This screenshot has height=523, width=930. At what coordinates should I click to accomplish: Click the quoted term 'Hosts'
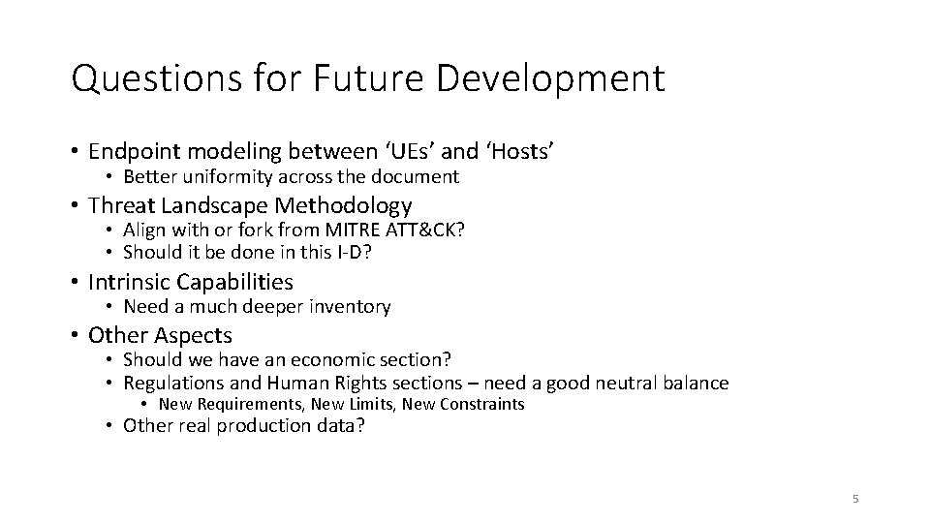pos(519,151)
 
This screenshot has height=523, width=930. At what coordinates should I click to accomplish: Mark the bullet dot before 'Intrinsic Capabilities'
pos(76,283)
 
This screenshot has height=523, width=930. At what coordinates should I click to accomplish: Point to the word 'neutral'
pos(626,383)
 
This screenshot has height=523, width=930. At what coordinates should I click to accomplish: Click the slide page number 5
pos(854,499)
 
